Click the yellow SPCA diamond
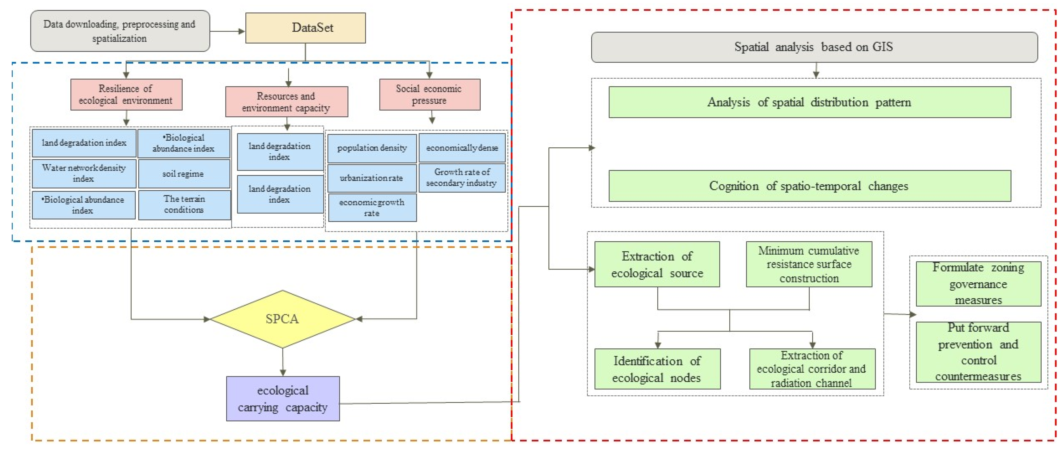(282, 319)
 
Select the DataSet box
(305, 28)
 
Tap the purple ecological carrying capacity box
(283, 398)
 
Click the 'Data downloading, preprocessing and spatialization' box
(120, 31)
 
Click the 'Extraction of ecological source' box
(657, 264)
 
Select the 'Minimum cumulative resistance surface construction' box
(809, 264)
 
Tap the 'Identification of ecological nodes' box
(657, 369)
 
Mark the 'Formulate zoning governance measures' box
(978, 284)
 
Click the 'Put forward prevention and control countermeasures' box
(978, 352)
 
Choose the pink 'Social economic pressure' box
(429, 94)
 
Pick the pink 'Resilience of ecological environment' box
(126, 94)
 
